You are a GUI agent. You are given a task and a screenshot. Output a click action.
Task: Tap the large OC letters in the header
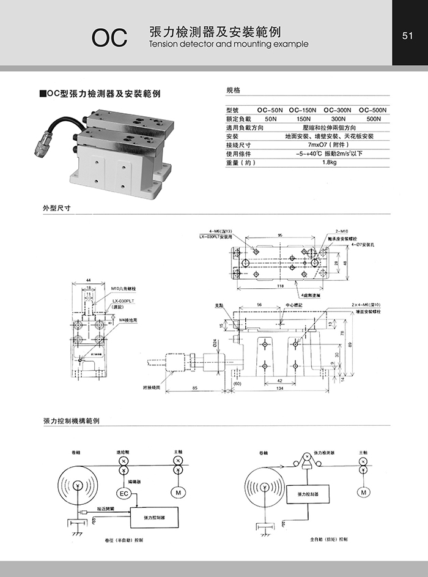[109, 37]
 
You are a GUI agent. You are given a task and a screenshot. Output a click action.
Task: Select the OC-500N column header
[373, 110]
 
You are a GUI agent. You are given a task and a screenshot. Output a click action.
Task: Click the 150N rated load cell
[303, 119]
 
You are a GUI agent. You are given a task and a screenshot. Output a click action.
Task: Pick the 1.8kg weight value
[330, 163]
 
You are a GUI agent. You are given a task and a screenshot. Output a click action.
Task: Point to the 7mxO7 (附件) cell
[330, 145]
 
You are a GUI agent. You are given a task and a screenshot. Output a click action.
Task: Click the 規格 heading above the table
[233, 90]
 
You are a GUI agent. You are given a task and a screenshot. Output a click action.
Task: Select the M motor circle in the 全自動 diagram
[364, 492]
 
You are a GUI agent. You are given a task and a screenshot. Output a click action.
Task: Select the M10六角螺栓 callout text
[124, 288]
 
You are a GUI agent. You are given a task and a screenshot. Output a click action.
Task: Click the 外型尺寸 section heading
[57, 207]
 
